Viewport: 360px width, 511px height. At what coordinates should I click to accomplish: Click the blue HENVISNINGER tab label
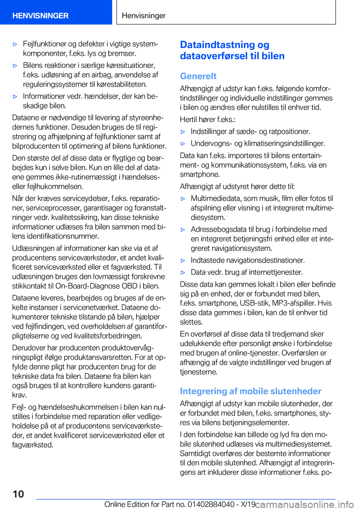pos(40,16)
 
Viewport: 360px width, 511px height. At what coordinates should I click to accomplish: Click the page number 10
pos(18,494)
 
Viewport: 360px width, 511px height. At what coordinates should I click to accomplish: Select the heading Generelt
pos(198,76)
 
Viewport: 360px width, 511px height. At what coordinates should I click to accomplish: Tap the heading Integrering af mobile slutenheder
pos(250,391)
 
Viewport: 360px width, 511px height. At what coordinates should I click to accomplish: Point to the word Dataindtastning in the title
pos(217,45)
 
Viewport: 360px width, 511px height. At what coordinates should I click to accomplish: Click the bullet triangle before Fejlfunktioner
pos(15,44)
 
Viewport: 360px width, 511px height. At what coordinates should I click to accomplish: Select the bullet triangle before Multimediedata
pos(183,199)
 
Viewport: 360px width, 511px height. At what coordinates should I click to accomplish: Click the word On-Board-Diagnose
pos(87,286)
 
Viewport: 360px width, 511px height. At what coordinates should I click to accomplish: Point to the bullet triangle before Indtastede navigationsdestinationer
pos(183,260)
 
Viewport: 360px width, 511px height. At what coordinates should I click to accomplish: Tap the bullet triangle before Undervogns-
pos(183,144)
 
